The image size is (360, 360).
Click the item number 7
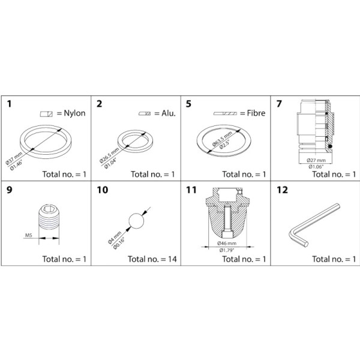coord(279,104)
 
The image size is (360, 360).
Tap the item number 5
coord(188,104)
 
